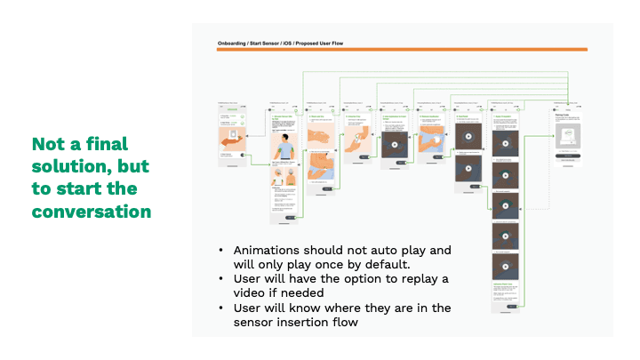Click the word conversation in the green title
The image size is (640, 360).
pyautogui.click(x=92, y=212)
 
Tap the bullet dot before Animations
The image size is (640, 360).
pyautogui.click(x=220, y=251)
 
